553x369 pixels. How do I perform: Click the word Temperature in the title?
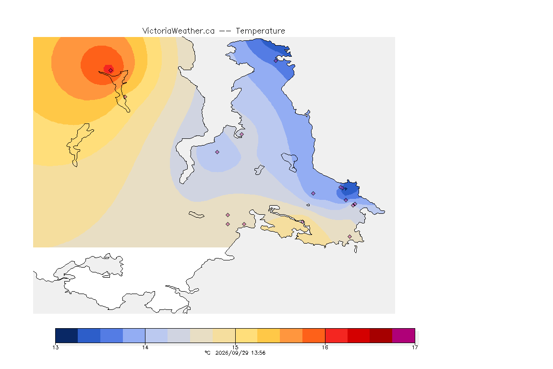[260, 31]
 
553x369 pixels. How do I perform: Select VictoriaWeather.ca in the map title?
[179, 31]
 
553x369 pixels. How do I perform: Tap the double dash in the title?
[225, 31]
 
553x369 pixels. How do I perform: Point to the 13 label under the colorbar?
[56, 347]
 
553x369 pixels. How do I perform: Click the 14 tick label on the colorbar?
[145, 347]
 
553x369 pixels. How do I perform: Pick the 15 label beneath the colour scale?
[235, 347]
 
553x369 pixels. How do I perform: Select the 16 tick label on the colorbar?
[325, 347]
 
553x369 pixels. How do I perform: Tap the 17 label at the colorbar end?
[415, 347]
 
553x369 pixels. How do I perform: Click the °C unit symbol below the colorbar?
[207, 353]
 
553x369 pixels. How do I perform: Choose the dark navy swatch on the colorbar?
[67, 335]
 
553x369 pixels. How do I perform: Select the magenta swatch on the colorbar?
[403, 335]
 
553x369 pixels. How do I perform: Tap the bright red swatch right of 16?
[336, 335]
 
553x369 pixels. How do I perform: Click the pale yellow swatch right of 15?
[247, 335]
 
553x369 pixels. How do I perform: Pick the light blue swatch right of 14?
[156, 335]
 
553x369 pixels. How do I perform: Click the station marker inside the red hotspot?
[111, 70]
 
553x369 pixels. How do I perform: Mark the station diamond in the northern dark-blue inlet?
[276, 61]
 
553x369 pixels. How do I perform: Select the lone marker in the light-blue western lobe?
[217, 152]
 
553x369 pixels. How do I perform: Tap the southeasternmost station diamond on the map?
[349, 236]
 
